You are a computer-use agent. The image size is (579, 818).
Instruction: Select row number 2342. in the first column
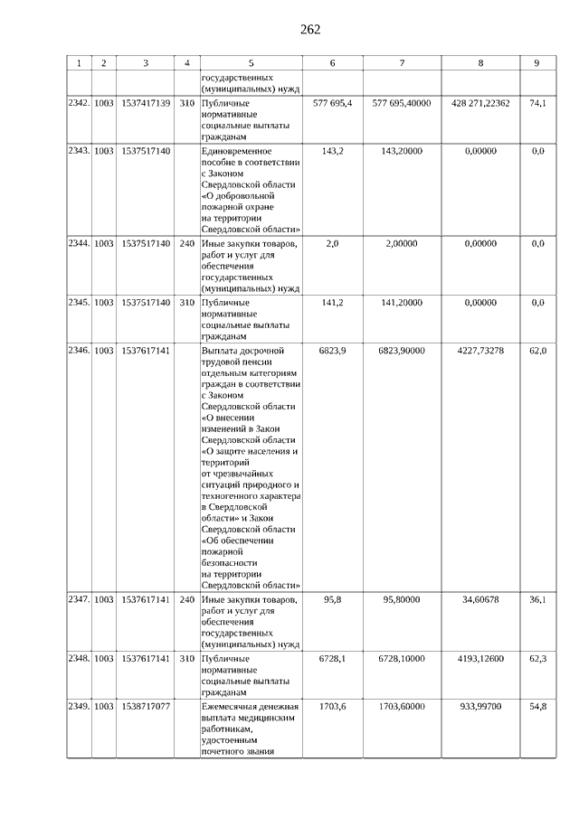click(79, 104)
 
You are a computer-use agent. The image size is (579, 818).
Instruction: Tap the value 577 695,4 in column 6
click(332, 104)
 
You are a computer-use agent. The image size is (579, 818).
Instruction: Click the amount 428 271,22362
click(479, 104)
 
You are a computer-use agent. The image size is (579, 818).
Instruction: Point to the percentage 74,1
click(537, 104)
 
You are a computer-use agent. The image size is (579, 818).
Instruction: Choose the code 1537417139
click(146, 104)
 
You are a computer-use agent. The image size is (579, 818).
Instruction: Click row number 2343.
click(79, 151)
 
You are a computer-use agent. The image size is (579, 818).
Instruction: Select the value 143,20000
click(402, 151)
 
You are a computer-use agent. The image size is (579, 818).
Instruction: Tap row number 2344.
click(79, 244)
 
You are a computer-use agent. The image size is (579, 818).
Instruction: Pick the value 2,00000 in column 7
click(402, 244)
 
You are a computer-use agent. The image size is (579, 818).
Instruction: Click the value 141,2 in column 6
click(332, 303)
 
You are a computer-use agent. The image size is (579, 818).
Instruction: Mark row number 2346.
click(79, 350)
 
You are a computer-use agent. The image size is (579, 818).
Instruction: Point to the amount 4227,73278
click(479, 350)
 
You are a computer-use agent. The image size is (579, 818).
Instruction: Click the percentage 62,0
click(537, 350)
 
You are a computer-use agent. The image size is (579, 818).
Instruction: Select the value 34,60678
click(479, 599)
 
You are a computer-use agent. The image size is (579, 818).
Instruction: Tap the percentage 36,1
click(537, 599)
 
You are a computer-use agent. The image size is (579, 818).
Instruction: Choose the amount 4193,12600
click(479, 659)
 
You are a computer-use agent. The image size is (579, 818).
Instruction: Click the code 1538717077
click(146, 706)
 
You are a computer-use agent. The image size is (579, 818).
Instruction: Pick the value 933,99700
click(479, 706)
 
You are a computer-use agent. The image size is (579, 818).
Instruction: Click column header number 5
click(251, 63)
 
